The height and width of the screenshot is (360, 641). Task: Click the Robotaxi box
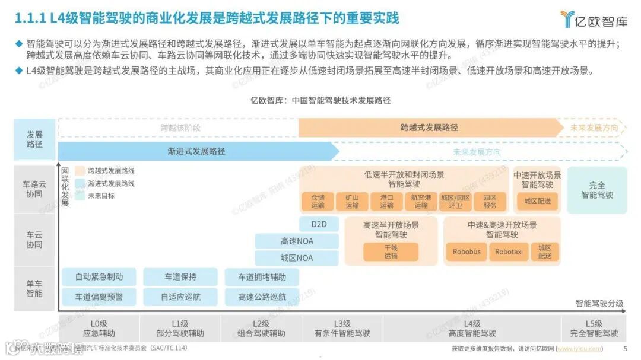point(509,252)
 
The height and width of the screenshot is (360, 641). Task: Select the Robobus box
point(467,252)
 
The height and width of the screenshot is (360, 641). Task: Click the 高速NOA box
point(297,241)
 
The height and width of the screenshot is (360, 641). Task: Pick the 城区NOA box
point(297,259)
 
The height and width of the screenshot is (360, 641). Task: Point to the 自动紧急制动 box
point(99,277)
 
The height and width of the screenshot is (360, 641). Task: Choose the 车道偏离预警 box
point(99,297)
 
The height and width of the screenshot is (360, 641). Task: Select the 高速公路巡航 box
point(262,297)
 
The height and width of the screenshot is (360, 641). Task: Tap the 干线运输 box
point(391,252)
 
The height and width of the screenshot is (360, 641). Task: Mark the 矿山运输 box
point(352,202)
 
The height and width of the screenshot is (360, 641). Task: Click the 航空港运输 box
point(421,202)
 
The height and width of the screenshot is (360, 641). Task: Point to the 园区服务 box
point(490,202)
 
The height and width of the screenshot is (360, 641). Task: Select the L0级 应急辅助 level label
point(99,328)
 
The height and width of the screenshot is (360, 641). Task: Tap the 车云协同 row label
point(34,240)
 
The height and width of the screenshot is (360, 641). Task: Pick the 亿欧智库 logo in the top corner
point(594,19)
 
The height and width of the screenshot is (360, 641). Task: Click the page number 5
point(624,349)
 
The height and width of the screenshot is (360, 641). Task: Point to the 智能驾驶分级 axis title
point(599,304)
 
